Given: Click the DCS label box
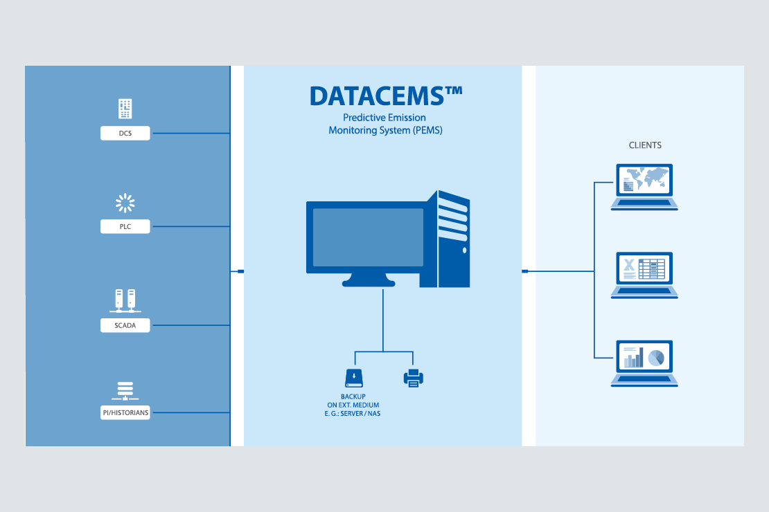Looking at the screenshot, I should coord(125,132).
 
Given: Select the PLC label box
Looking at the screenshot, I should coord(125,226).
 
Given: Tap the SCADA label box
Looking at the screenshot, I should coord(125,324).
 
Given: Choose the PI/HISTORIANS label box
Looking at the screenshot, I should coord(125,412).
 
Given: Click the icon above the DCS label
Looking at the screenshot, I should coord(125,109).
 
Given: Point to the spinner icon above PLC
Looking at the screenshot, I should coord(125,203).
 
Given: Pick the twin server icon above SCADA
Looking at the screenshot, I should coord(125,300).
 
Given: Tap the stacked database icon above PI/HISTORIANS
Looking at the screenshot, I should coord(125,390).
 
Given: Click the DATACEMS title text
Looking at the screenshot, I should coord(385,95).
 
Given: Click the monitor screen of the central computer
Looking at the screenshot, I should coord(368,237).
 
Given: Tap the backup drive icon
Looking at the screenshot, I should coord(354,377).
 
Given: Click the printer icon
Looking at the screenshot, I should coord(413,377).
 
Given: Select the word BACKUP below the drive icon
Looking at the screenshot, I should coord(353,396).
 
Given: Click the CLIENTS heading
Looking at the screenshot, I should coord(645,145).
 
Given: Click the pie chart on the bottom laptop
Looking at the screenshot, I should coord(655,357).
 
